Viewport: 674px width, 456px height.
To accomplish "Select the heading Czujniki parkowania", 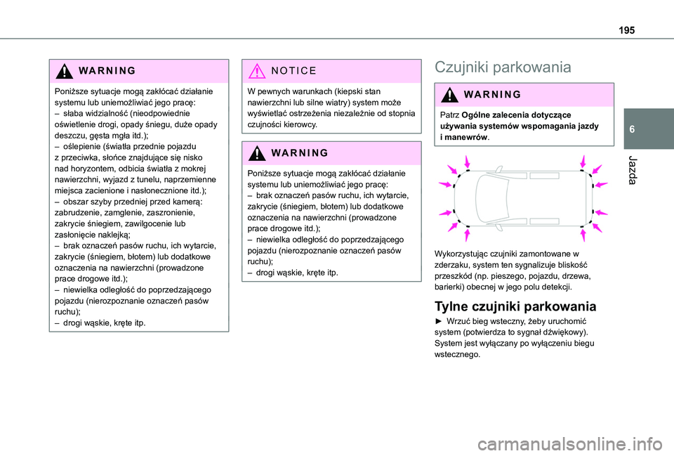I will [x=502, y=67].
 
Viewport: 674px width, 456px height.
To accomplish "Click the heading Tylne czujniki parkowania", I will [x=516, y=306].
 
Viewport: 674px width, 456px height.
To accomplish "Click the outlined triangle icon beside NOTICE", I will [x=258, y=71].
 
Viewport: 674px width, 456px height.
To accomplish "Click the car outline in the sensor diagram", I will [x=524, y=193].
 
